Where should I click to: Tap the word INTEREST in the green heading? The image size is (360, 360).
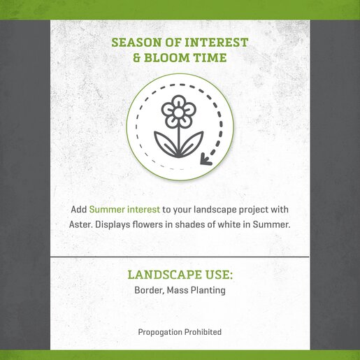click(216, 43)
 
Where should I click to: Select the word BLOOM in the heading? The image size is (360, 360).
click(167, 57)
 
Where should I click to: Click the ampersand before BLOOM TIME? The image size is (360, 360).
click(137, 57)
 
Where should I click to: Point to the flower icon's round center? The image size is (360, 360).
click(178, 113)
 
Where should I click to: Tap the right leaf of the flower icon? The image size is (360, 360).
click(192, 143)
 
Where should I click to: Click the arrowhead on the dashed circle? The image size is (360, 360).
click(206, 159)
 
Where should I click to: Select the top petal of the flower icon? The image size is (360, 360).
click(178, 101)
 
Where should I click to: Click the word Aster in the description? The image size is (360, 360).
click(81, 224)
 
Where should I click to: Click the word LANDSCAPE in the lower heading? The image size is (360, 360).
click(165, 275)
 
